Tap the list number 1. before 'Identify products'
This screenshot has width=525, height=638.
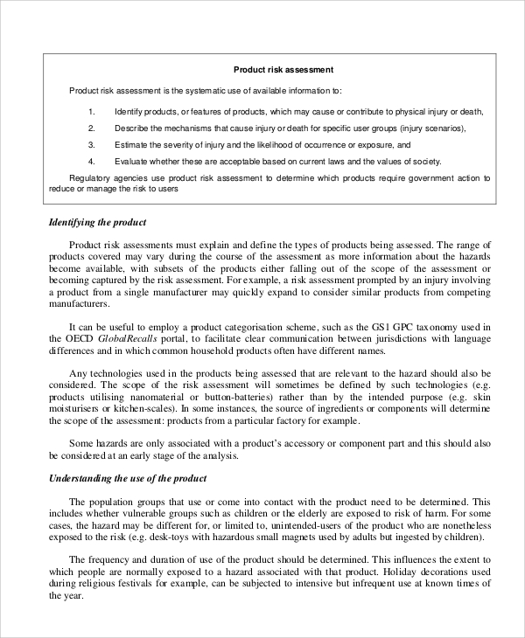92,112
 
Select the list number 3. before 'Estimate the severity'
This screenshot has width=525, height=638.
92,144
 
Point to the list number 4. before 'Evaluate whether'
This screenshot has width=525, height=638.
92,162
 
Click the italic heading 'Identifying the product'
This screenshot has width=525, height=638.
97,222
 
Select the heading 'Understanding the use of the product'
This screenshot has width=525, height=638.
128,478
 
